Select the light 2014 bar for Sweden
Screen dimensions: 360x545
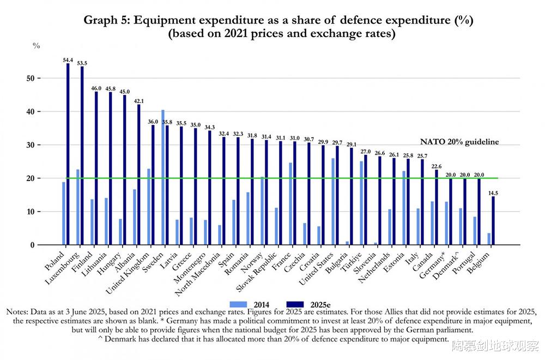point(163,177)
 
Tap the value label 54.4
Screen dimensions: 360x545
point(68,59)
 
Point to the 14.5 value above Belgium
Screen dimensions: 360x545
point(493,192)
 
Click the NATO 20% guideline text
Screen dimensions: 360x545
point(459,142)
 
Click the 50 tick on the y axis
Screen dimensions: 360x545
point(32,78)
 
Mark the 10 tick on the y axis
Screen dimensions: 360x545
point(32,212)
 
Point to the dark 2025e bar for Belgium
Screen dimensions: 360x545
point(493,220)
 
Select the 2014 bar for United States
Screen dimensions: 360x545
point(333,201)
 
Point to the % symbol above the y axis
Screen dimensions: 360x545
point(37,46)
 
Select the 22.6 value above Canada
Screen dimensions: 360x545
point(436,166)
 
